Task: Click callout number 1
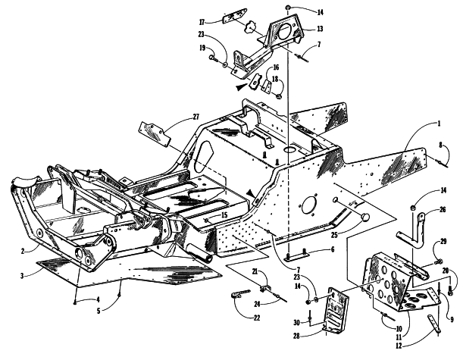pyautogui.click(x=439, y=124)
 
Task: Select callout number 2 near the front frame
pyautogui.click(x=23, y=252)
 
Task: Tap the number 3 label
pyautogui.click(x=22, y=276)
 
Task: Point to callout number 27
pyautogui.click(x=196, y=117)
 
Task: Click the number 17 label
pyautogui.click(x=202, y=22)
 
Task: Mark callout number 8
pyautogui.click(x=440, y=145)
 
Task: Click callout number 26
pyautogui.click(x=443, y=210)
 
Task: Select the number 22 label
pyautogui.click(x=257, y=318)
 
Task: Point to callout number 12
pyautogui.click(x=399, y=346)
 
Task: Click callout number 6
pyautogui.click(x=333, y=249)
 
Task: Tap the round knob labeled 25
pyautogui.click(x=365, y=217)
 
